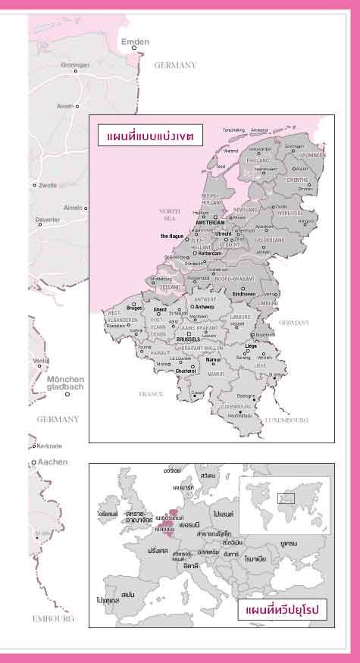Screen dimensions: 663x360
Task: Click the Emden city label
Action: click(135, 42)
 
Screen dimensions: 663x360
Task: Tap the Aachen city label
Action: click(53, 461)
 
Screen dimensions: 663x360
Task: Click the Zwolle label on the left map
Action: click(49, 185)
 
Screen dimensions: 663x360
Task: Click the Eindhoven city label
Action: click(244, 293)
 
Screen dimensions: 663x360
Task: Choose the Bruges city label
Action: click(135, 308)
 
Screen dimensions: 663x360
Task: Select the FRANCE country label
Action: click(152, 394)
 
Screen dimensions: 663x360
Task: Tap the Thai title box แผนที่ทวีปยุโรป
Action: click(282, 609)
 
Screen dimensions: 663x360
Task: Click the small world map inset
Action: click(284, 502)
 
